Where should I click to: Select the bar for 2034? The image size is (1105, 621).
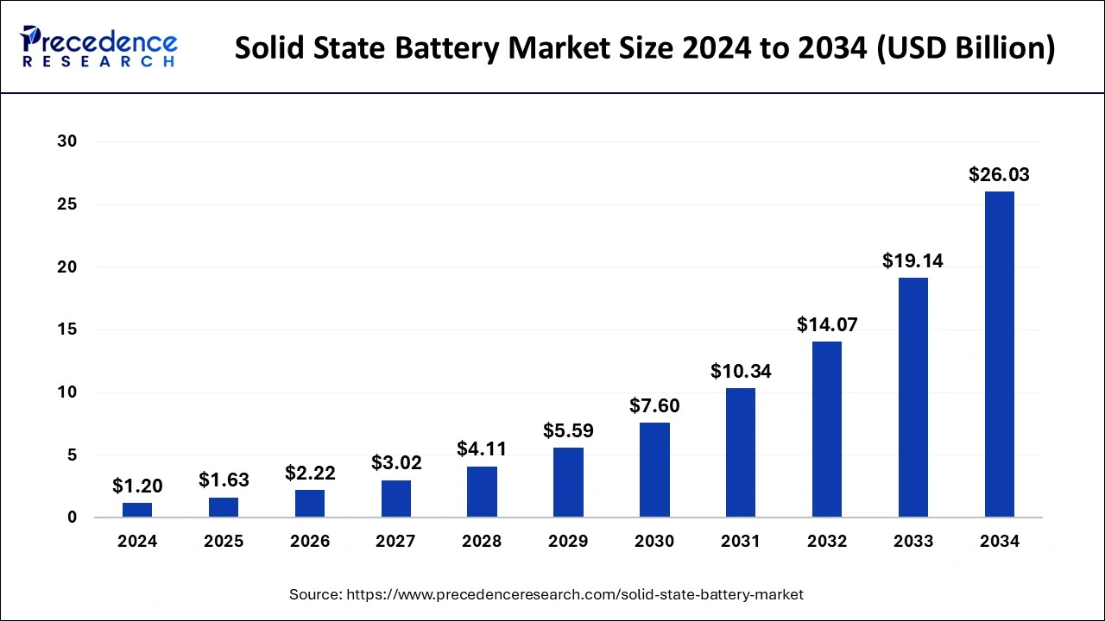pyautogui.click(x=1000, y=354)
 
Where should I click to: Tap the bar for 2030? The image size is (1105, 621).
pyautogui.click(x=654, y=470)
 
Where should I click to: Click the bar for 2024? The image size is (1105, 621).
pyautogui.click(x=137, y=510)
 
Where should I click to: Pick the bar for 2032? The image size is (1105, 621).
pyautogui.click(x=827, y=430)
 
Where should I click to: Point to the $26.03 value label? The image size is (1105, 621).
pyautogui.click(x=1000, y=175)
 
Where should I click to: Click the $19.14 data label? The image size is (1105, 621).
pyautogui.click(x=913, y=260)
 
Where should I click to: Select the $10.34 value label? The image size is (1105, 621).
pyautogui.click(x=741, y=372)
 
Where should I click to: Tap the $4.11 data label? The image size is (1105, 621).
pyautogui.click(x=482, y=449)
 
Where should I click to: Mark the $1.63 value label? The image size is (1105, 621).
pyautogui.click(x=224, y=480)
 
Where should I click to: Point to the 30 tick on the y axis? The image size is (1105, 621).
pyautogui.click(x=66, y=141)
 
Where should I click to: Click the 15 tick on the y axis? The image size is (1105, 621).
pyautogui.click(x=66, y=329)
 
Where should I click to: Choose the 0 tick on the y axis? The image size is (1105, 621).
pyautogui.click(x=72, y=517)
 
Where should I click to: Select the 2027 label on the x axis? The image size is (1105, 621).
pyautogui.click(x=395, y=542)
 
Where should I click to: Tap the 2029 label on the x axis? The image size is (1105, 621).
pyautogui.click(x=568, y=542)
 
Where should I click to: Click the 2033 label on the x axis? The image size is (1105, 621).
pyautogui.click(x=913, y=542)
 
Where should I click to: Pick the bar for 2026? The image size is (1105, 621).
pyautogui.click(x=310, y=504)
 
